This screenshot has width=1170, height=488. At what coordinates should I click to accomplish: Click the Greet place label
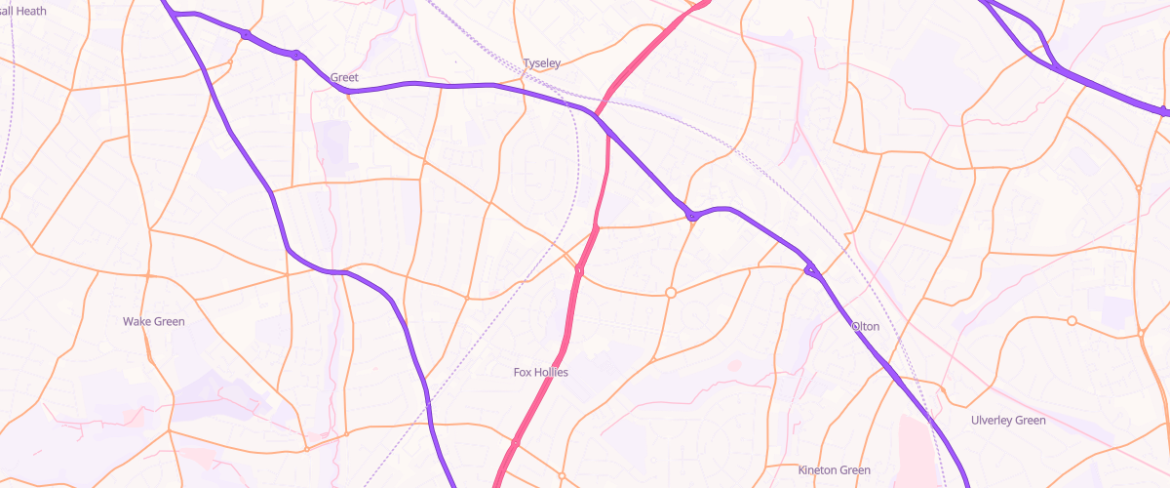pyautogui.click(x=344, y=77)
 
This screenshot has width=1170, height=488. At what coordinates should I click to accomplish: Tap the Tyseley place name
pyautogui.click(x=542, y=63)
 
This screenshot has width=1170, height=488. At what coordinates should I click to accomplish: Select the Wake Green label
pyautogui.click(x=153, y=321)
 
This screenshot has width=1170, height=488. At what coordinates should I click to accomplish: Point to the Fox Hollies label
pyautogui.click(x=540, y=372)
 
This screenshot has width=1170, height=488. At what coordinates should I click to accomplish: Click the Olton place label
pyautogui.click(x=865, y=326)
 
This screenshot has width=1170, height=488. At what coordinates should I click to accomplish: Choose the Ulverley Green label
pyautogui.click(x=1008, y=421)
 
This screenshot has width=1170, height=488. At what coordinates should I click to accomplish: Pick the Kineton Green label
pyautogui.click(x=834, y=470)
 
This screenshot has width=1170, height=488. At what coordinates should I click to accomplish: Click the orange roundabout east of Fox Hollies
pyautogui.click(x=671, y=293)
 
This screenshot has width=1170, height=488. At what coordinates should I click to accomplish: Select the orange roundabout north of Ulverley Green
pyautogui.click(x=1072, y=321)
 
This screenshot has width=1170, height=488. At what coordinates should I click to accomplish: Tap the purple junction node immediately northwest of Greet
pyautogui.click(x=295, y=55)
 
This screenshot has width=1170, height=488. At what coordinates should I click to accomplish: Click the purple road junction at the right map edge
pyautogui.click(x=1164, y=111)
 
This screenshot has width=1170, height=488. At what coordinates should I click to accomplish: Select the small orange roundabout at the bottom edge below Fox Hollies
pyautogui.click(x=562, y=476)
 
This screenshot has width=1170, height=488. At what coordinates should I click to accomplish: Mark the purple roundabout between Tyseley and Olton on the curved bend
pyautogui.click(x=691, y=216)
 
